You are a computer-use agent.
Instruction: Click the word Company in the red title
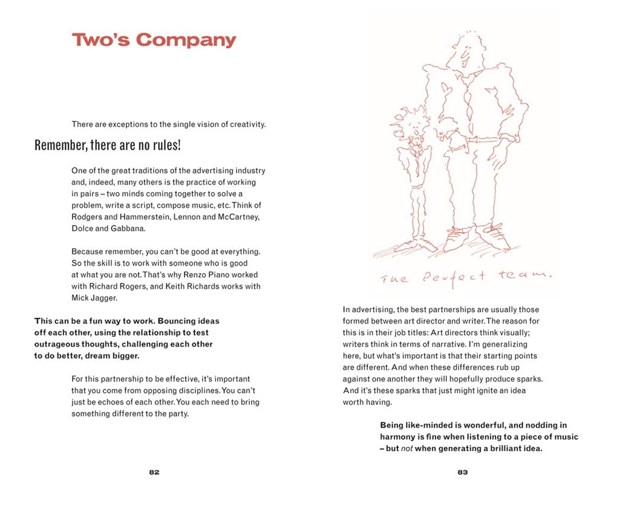click(186, 40)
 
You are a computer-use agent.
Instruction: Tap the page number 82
click(154, 472)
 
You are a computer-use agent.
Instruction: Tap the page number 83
click(462, 472)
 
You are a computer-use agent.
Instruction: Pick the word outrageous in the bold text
click(57, 344)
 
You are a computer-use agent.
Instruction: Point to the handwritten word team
click(525, 275)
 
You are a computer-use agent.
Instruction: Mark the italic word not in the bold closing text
click(407, 448)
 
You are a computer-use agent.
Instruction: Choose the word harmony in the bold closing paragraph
click(400, 437)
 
